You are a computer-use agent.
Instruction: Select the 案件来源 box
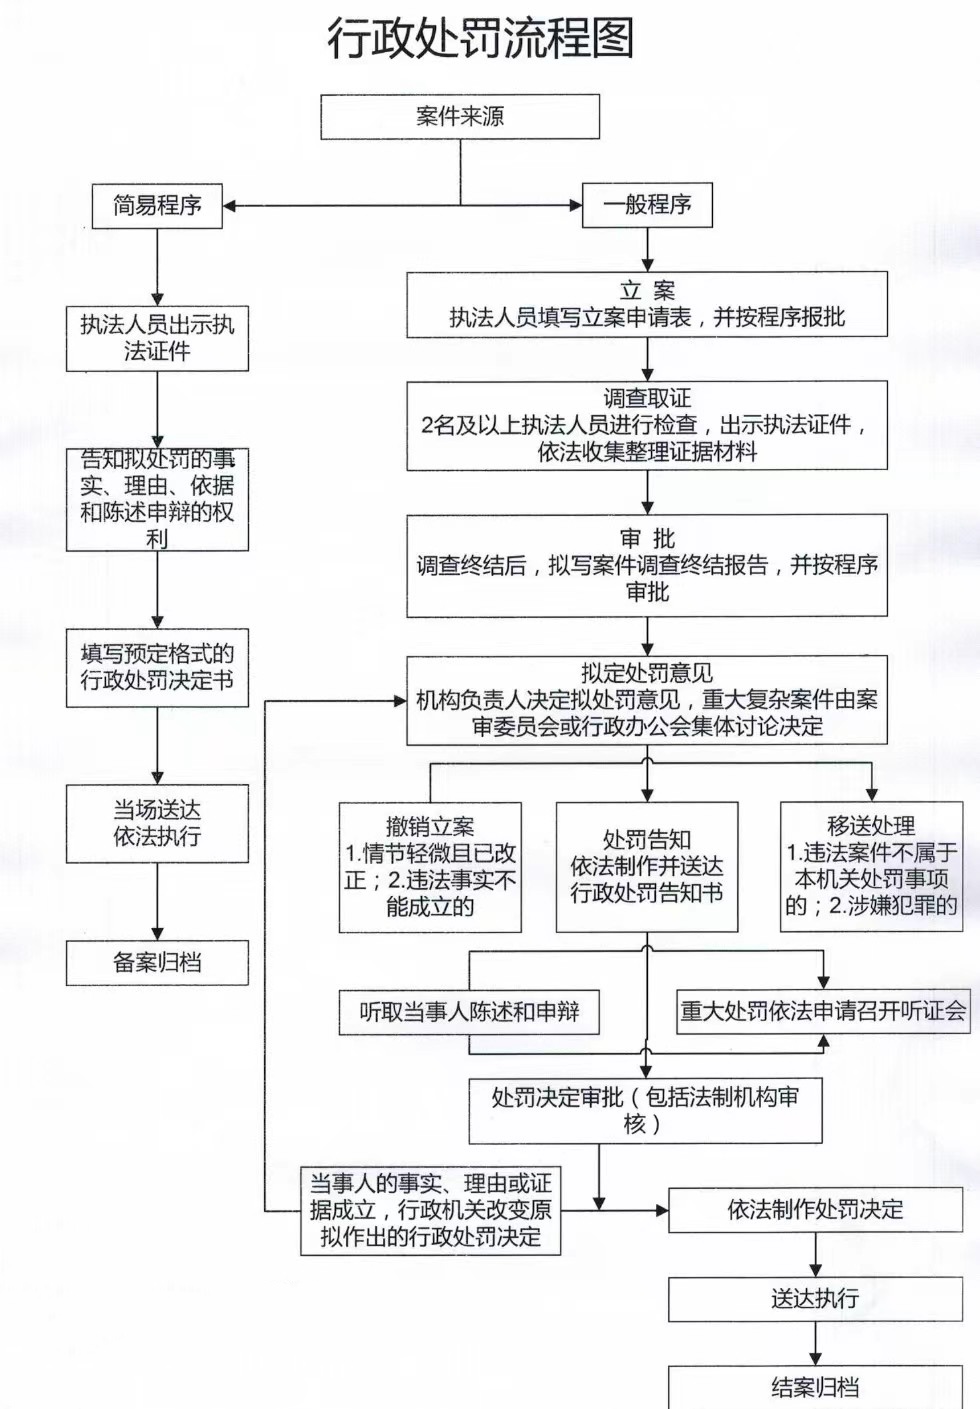click(x=460, y=116)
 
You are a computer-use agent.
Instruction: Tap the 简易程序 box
click(x=157, y=206)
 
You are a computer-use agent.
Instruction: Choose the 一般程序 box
click(x=647, y=205)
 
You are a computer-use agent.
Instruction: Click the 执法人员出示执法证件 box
click(x=157, y=338)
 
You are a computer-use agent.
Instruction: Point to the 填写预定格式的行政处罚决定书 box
click(x=157, y=667)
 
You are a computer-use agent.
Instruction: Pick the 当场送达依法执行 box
click(x=157, y=823)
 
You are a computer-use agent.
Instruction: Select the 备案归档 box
click(x=157, y=962)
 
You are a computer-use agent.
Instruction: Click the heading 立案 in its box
click(x=647, y=291)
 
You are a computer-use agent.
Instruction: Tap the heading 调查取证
click(x=647, y=398)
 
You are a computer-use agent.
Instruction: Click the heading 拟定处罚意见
click(x=647, y=673)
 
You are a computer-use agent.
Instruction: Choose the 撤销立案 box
click(x=430, y=867)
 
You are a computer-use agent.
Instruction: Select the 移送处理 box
click(x=871, y=866)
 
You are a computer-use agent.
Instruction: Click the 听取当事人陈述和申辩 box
click(x=469, y=1012)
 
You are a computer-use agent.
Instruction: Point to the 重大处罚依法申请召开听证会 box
click(x=823, y=1011)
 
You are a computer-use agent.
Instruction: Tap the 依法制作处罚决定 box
click(x=815, y=1210)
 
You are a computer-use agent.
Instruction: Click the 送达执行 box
click(x=815, y=1299)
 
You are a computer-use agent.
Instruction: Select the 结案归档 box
click(x=815, y=1387)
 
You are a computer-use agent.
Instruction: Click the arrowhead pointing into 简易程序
click(x=230, y=206)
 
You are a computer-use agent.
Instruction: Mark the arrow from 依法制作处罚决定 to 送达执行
click(x=815, y=1255)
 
